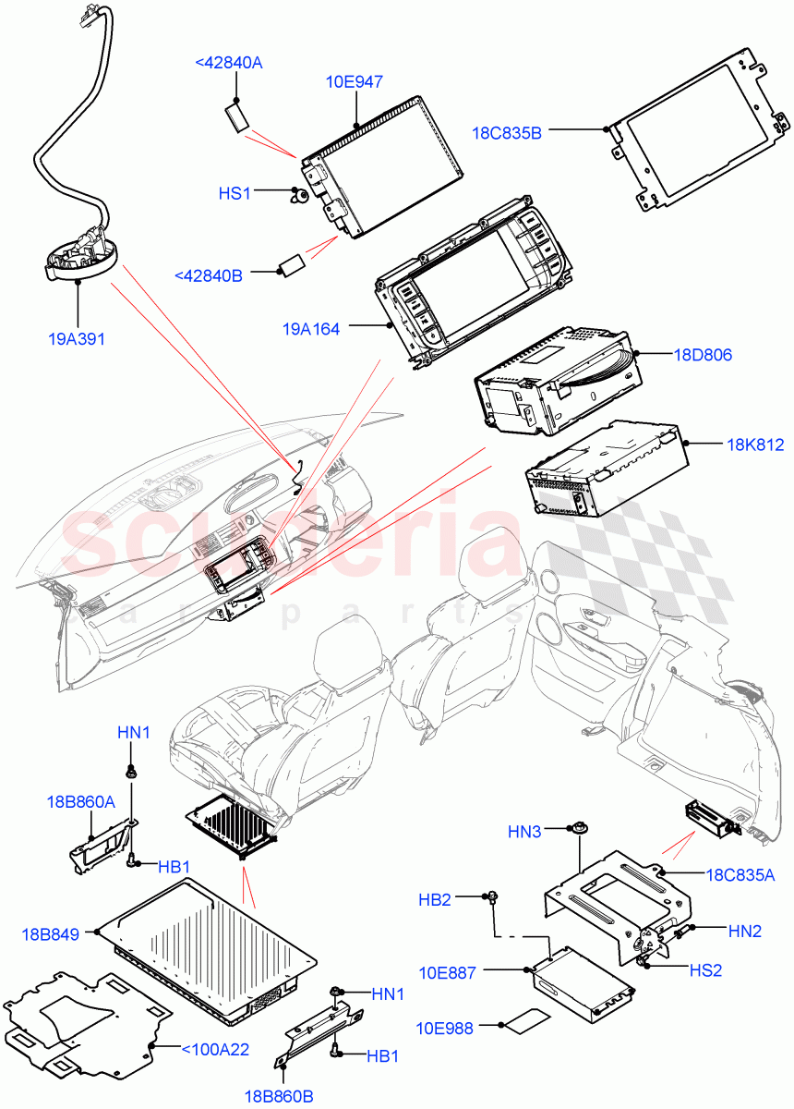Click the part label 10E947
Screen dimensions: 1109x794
point(355,82)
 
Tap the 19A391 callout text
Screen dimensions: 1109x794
point(76,338)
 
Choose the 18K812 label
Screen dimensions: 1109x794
point(755,445)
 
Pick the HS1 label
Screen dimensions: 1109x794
point(235,193)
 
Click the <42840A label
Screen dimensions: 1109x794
point(228,63)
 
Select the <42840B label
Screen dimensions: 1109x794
point(209,274)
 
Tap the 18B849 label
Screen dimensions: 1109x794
point(52,935)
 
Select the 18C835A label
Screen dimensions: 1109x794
point(740,874)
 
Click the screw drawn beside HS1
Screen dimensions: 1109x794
point(298,196)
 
